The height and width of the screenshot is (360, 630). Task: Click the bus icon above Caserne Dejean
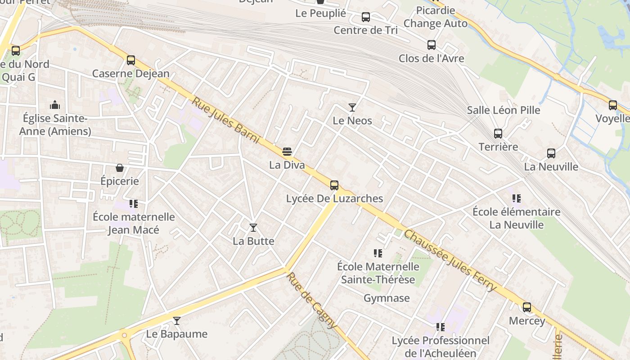click(x=131, y=60)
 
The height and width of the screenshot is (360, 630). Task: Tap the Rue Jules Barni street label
click(x=226, y=120)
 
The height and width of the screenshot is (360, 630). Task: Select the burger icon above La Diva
click(x=287, y=152)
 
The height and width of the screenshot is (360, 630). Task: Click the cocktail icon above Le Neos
click(x=352, y=108)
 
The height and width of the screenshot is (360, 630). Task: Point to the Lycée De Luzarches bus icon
click(x=334, y=185)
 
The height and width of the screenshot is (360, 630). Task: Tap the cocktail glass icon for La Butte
click(x=253, y=228)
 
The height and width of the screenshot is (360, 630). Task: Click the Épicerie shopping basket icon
click(x=120, y=168)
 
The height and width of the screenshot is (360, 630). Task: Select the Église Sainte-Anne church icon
click(x=55, y=105)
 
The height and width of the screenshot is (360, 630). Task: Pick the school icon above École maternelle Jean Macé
click(x=133, y=204)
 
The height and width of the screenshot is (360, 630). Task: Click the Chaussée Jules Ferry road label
click(x=450, y=261)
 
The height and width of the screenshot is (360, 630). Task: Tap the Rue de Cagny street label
click(x=312, y=300)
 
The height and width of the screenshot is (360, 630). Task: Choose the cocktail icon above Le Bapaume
click(x=177, y=321)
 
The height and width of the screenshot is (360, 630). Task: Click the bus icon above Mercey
click(x=527, y=308)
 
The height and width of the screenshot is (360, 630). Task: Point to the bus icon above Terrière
click(x=498, y=134)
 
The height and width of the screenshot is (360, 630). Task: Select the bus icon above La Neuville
click(x=551, y=153)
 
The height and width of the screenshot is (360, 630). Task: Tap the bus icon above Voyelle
click(x=613, y=105)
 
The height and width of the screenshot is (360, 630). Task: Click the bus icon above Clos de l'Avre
click(x=432, y=45)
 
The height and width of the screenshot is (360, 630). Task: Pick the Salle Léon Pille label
click(x=504, y=110)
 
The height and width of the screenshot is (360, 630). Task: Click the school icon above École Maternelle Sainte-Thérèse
click(x=378, y=254)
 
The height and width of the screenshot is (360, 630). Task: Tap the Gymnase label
click(x=387, y=298)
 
